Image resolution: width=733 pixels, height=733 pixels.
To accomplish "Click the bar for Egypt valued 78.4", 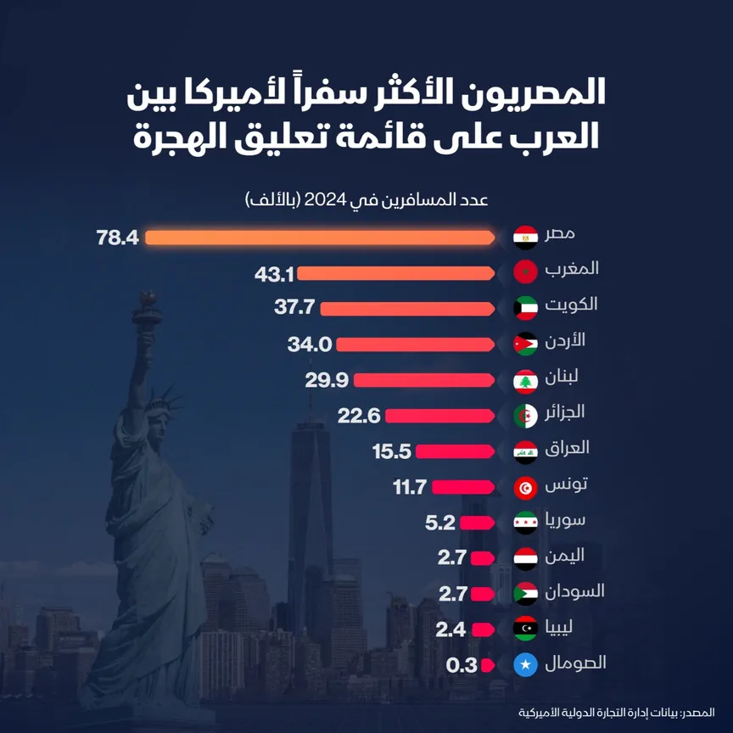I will pyautogui.click(x=319, y=238).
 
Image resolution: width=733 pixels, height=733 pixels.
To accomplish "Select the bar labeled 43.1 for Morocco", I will pyautogui.click(x=395, y=273).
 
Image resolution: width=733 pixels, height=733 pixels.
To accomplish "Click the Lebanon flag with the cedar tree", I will pyautogui.click(x=526, y=381).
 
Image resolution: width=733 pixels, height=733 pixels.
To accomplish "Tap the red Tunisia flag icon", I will pyautogui.click(x=526, y=487).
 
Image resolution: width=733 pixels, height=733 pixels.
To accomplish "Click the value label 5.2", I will pyautogui.click(x=441, y=523).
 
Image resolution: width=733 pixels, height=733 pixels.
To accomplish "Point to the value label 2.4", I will pyautogui.click(x=450, y=629).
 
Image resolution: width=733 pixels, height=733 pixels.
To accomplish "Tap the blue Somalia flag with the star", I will pyautogui.click(x=526, y=665).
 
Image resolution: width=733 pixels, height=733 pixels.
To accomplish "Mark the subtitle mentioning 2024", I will pyautogui.click(x=366, y=200).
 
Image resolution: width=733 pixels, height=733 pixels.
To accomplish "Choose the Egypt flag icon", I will pyautogui.click(x=526, y=237).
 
